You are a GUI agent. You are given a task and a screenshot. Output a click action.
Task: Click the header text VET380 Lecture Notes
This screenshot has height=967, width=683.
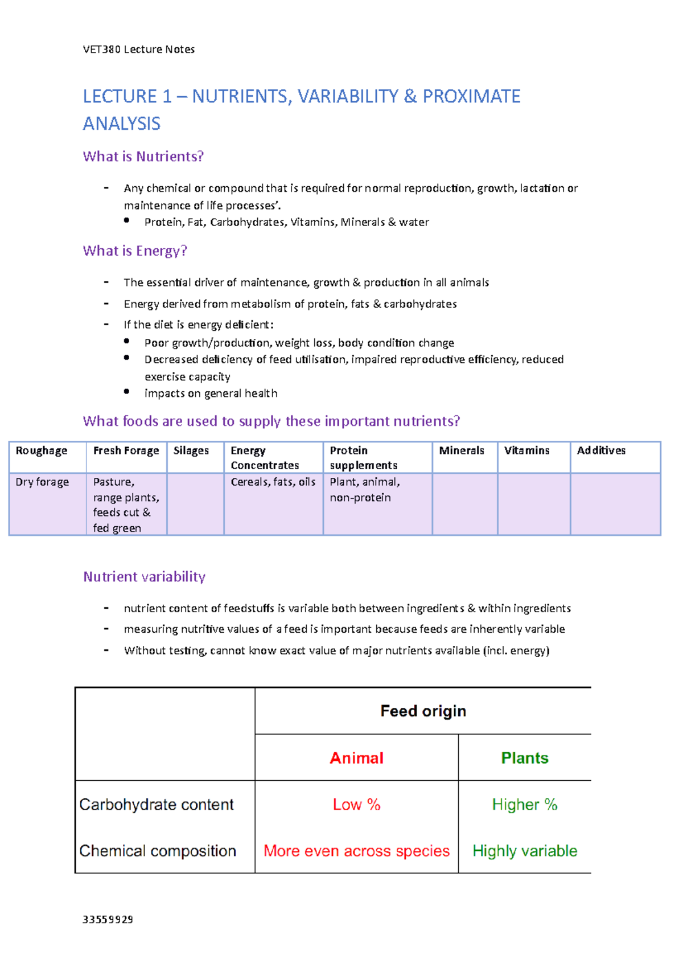138,50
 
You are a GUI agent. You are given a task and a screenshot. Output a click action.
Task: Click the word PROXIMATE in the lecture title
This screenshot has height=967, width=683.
471,96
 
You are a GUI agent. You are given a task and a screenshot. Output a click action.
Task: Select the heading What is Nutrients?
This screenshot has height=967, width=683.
143,157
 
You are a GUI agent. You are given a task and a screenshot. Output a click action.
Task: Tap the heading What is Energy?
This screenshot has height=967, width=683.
135,251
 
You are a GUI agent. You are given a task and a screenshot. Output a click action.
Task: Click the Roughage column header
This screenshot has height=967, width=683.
42,451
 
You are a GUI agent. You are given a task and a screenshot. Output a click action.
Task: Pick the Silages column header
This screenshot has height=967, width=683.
191,451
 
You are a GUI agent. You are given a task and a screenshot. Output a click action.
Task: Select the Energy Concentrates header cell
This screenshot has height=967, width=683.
265,458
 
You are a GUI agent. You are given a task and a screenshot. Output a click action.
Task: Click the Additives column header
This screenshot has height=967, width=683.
601,451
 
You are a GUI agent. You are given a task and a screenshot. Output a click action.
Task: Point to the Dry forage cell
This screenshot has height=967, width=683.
42,482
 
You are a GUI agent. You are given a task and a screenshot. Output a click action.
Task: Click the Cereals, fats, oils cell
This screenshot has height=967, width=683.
273,482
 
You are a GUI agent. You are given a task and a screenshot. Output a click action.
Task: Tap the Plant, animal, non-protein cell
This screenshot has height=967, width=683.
364,490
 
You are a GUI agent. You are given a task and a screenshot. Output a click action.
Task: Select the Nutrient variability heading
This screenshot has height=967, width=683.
144,577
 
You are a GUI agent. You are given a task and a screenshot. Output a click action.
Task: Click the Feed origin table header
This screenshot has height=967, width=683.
423,711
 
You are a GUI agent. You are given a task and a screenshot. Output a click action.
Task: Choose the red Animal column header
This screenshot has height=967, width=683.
356,758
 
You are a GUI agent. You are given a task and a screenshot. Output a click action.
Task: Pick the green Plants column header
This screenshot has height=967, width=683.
524,758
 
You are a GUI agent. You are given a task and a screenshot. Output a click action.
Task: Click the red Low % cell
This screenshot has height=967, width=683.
356,805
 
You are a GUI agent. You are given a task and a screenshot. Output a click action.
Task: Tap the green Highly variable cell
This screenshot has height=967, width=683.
524,851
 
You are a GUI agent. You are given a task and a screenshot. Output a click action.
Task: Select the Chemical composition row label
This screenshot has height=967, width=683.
158,851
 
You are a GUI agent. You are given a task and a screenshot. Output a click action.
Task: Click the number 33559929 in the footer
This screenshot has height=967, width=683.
108,920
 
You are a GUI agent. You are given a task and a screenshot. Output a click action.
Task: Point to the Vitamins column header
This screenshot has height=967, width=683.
526,451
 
